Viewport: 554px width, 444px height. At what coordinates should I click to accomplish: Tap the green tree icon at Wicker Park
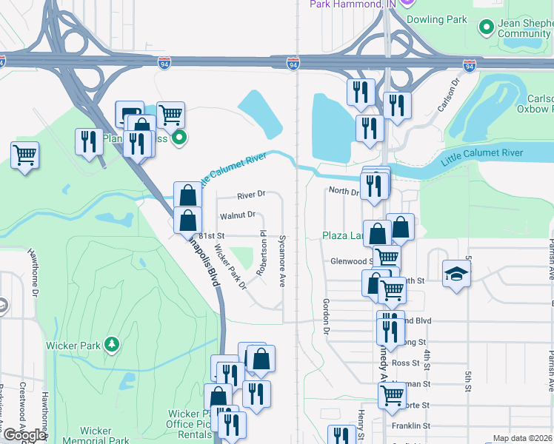111,344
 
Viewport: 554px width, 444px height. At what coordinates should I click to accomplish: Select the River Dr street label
251,195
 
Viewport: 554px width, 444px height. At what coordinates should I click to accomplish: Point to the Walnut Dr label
238,215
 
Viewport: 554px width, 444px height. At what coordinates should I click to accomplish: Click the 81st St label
211,235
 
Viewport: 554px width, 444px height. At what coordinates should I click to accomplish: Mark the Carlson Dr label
449,95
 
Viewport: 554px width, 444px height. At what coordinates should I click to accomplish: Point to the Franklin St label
411,425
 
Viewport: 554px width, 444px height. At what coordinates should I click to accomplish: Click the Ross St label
406,363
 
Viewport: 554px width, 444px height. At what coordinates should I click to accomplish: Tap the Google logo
24,435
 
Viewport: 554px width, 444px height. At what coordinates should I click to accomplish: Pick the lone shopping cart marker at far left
25,155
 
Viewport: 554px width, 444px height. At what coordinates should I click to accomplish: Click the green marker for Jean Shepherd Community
487,28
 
